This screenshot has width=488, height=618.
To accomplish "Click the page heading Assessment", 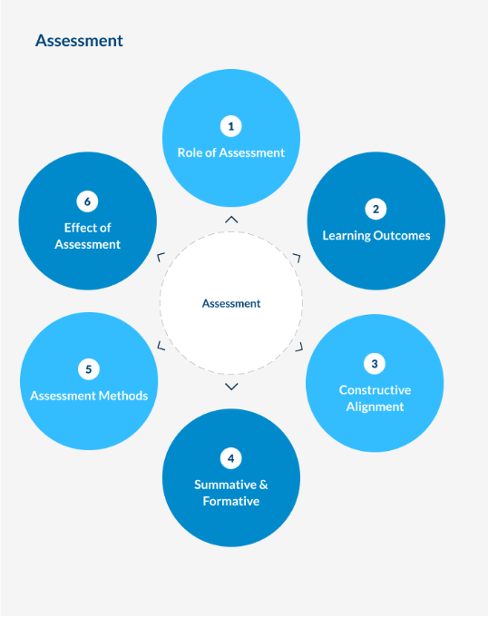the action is coord(79,41).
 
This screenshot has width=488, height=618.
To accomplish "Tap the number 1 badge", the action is coord(230,126).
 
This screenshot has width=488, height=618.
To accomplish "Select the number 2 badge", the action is coord(376,209).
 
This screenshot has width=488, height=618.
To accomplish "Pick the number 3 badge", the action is coord(375,364).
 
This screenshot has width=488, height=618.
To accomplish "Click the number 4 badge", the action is coord(230,458).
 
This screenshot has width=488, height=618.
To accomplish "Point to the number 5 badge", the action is coord(89,369).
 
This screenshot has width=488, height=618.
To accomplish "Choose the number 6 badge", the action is coord(87,201).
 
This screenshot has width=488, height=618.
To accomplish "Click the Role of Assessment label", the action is coord(230,153).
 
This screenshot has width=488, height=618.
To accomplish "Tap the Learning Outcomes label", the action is coord(376,236).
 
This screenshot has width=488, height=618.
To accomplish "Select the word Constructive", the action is coord(375,390).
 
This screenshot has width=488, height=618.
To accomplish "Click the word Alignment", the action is coord(375,407).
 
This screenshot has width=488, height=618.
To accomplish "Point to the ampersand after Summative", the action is coord(264,485).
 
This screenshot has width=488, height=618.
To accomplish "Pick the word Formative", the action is coord(231,501).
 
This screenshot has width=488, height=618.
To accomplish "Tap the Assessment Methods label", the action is coord(89,396).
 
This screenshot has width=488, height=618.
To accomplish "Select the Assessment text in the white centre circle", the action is coord(231,303).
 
